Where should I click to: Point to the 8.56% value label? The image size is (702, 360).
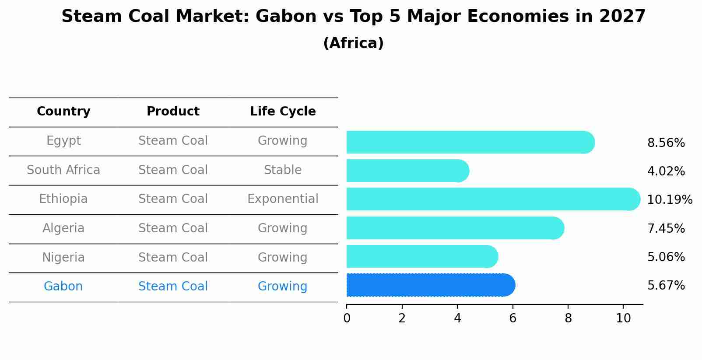(666, 143)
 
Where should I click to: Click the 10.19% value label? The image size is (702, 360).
(669, 200)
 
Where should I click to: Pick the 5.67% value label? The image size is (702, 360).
(666, 286)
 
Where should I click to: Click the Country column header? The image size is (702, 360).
(63, 112)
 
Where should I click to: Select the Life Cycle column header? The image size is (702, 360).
(283, 112)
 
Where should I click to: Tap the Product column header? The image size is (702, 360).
(173, 112)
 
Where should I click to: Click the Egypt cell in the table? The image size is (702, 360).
(63, 141)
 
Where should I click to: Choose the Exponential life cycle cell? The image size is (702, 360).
(283, 199)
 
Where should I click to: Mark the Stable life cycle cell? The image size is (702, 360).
(283, 170)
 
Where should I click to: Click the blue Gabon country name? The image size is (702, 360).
(63, 287)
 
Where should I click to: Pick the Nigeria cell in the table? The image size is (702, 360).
(63, 258)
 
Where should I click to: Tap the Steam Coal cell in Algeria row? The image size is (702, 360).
(173, 228)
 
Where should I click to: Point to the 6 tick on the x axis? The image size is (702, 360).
(512, 318)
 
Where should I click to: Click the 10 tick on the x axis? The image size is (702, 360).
(623, 318)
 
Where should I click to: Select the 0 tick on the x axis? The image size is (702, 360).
(347, 318)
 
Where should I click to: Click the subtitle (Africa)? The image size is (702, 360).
(353, 43)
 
